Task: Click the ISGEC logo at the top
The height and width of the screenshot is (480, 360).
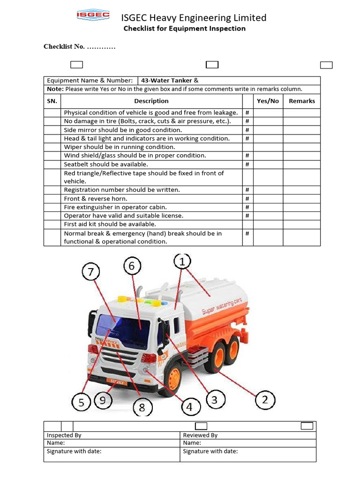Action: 93,16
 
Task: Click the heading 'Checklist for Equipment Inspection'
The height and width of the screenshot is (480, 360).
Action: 184,29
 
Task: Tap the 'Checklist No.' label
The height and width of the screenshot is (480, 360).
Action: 64,46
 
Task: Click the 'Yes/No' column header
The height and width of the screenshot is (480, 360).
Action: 268,101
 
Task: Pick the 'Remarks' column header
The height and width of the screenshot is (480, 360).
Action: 301,101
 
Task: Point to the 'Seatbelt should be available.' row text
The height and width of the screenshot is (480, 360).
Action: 106,164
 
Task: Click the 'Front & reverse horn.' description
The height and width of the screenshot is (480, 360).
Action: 95,198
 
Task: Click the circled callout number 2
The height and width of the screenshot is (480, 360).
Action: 265,399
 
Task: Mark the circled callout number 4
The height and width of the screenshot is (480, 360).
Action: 189,407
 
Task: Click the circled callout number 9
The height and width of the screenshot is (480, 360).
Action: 103,400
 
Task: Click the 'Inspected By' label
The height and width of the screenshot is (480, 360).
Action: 64,435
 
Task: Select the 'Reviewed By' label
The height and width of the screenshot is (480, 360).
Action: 200,435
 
